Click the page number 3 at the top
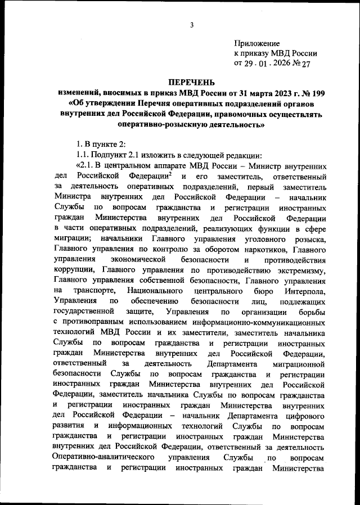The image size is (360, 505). click(x=192, y=25)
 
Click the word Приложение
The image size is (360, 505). click(x=256, y=43)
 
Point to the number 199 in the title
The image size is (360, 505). click(x=321, y=93)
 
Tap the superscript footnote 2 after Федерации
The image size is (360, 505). click(x=169, y=175)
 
